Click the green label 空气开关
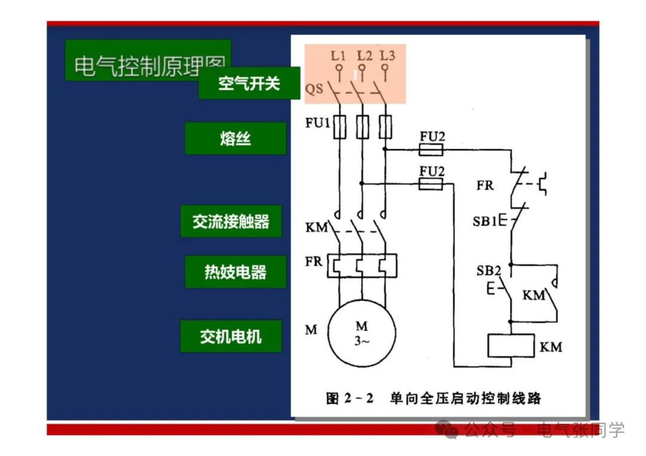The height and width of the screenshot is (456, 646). [x=249, y=83]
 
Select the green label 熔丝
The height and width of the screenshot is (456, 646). [x=235, y=139]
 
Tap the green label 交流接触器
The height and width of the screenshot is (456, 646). [x=231, y=221]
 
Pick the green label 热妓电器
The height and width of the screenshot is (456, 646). [x=235, y=272]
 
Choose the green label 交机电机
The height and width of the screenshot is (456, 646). [x=231, y=336]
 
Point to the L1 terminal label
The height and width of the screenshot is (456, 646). [x=339, y=56]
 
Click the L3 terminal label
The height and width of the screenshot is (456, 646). [x=388, y=56]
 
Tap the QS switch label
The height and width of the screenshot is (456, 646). [x=314, y=90]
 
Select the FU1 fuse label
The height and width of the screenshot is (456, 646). [x=318, y=124]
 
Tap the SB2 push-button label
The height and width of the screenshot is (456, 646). [x=489, y=271]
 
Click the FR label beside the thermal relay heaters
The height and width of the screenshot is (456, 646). [x=313, y=262]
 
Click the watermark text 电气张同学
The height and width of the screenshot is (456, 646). [x=580, y=430]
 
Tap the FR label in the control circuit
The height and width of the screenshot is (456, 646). [x=485, y=185]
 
